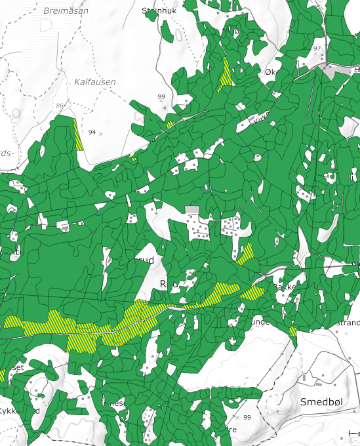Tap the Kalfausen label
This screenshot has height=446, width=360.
pyautogui.click(x=94, y=82)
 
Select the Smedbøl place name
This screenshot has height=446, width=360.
pyautogui.click(x=321, y=401)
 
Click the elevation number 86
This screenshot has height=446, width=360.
pyautogui.click(x=60, y=106)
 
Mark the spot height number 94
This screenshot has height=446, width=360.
pyautogui.click(x=92, y=132)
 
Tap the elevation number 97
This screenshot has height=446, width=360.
pyautogui.click(x=317, y=49)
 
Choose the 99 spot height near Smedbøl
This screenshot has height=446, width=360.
pyautogui.click(x=247, y=417)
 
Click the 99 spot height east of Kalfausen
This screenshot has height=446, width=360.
pyautogui.click(x=161, y=97)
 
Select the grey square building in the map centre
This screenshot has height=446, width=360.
pyautogui.click(x=192, y=210)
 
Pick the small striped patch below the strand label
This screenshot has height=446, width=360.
pyautogui.click(x=292, y=332)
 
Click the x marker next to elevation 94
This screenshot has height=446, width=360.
pyautogui.click(x=101, y=133)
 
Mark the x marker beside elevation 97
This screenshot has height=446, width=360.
pyautogui.click(x=323, y=55)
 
